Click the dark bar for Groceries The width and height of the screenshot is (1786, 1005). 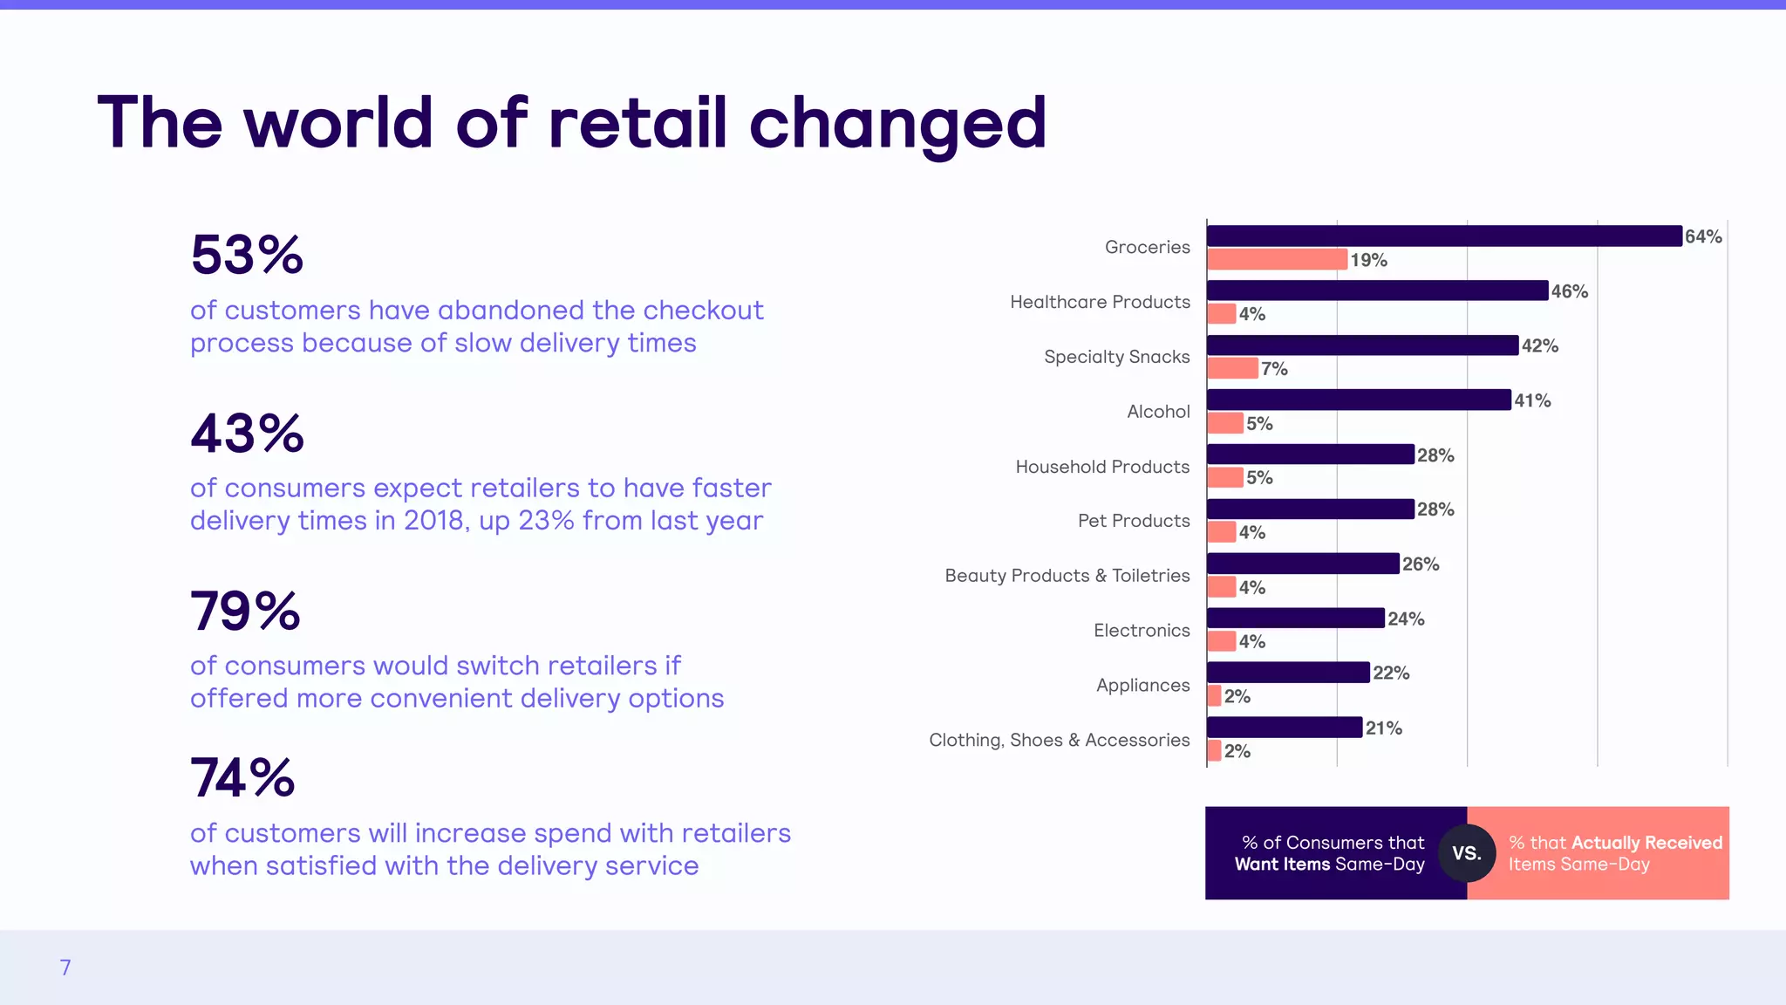point(1444,236)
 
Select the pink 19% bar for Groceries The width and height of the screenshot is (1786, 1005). point(1278,259)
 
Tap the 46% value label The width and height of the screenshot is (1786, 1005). point(1569,291)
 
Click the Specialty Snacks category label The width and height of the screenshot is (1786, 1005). point(1116,357)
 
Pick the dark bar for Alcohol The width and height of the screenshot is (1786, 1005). point(1359,400)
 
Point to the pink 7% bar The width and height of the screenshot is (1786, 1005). point(1232,368)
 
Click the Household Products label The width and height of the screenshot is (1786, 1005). point(1102,467)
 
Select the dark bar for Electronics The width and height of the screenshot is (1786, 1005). point(1296,618)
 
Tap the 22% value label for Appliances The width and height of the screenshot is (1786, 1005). point(1391,673)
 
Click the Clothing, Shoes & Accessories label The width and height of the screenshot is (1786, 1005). point(1059,740)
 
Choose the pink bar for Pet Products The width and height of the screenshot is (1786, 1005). point(1222,532)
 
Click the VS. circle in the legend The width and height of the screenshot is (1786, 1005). point(1467,853)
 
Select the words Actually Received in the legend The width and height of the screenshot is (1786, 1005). point(1646,843)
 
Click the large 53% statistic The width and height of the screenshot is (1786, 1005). point(247,255)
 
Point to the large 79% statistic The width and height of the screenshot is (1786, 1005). point(245,611)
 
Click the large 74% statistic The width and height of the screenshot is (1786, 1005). point(242,778)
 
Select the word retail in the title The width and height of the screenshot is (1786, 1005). point(637,122)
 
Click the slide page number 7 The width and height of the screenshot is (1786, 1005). point(65,967)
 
